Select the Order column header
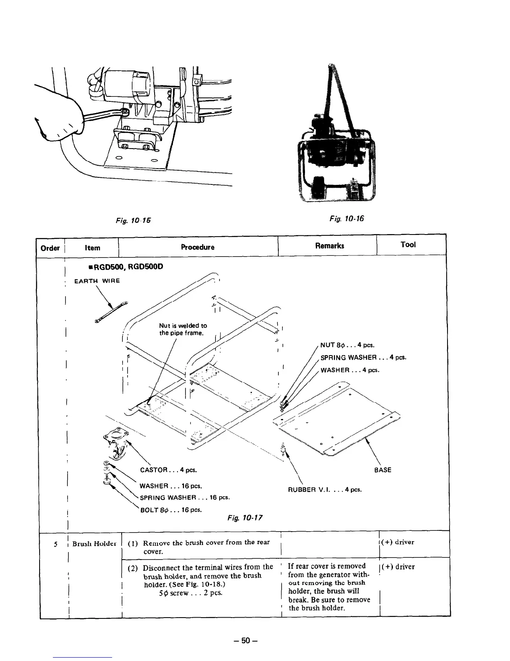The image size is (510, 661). (50, 248)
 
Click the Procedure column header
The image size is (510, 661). (197, 247)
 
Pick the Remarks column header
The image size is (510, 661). (330, 245)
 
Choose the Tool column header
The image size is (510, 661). (408, 245)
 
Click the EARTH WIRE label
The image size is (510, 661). (97, 281)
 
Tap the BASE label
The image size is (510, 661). (382, 470)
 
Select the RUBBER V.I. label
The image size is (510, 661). (325, 489)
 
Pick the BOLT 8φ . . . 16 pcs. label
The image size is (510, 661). (171, 510)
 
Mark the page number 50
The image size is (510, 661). (247, 640)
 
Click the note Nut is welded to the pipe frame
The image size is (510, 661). (183, 329)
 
